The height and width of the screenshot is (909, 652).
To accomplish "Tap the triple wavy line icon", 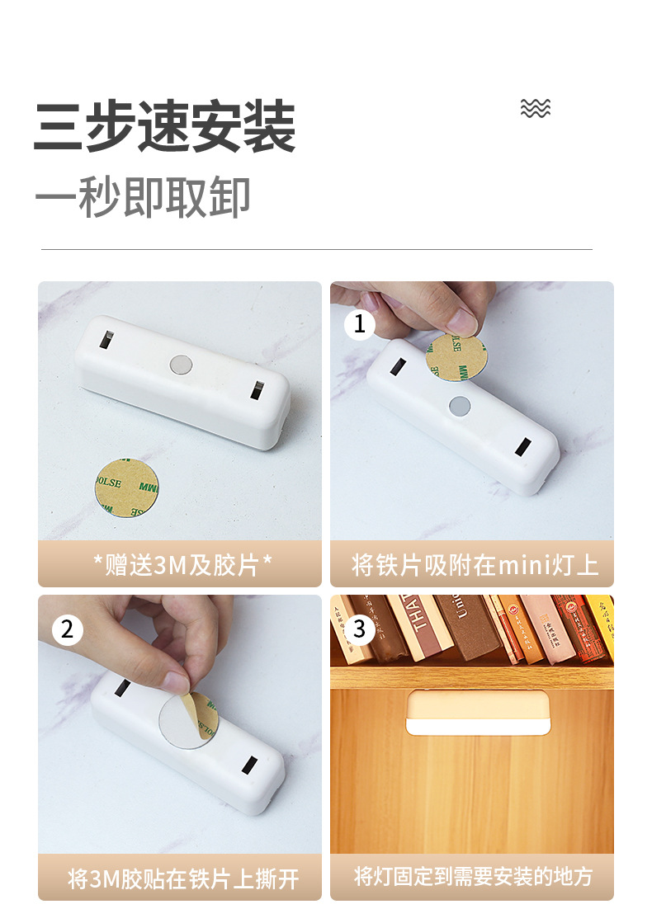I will pos(536,108).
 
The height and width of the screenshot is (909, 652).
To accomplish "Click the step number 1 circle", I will pos(359,324).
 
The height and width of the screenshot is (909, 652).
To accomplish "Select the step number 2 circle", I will pos(67,630).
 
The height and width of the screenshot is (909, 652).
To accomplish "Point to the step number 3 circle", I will pos(359,630).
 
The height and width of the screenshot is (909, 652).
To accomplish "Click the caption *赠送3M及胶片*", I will pos(180,565).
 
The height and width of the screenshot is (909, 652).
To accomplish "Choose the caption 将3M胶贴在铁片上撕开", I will pos(180,878).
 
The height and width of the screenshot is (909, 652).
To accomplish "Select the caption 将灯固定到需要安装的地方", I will pos(472,877).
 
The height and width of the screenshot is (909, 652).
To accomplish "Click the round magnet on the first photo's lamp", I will pos(179,363).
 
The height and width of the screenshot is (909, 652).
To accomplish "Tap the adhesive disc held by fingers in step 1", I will pos(456,357).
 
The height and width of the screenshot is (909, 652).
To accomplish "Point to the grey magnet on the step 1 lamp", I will pos(459,404).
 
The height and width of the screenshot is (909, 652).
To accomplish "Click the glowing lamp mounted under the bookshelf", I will pos(477,714).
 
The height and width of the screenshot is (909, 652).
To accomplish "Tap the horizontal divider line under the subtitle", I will pos(317,249).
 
